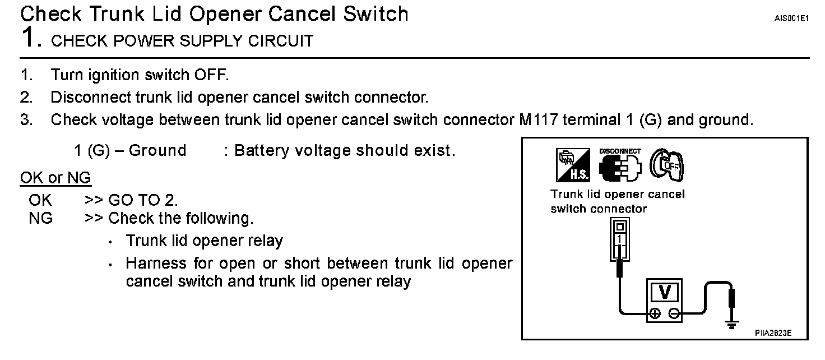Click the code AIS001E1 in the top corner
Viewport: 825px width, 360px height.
[792, 19]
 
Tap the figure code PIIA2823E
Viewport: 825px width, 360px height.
[773, 333]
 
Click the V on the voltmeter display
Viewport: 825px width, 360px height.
[665, 292]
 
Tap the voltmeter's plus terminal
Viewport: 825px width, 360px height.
[654, 313]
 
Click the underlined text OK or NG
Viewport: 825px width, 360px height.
[55, 178]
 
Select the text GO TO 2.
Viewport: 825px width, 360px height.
[143, 200]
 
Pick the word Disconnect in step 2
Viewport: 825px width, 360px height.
[91, 97]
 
